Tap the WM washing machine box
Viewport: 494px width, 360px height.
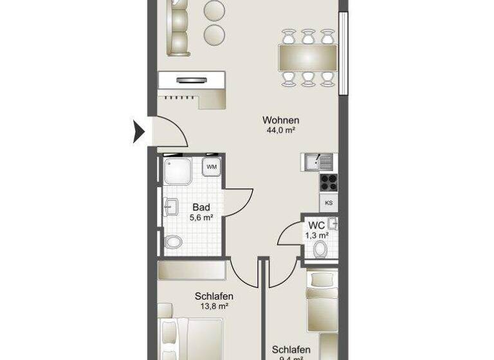pyautogui.click(x=212, y=167)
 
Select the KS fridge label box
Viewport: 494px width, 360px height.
pyautogui.click(x=329, y=203)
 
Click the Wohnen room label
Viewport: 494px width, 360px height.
pyautogui.click(x=280, y=120)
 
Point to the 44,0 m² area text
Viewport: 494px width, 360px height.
pyautogui.click(x=280, y=130)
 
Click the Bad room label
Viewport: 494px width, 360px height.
pyautogui.click(x=201, y=207)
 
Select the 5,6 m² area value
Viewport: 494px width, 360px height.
pyautogui.click(x=201, y=218)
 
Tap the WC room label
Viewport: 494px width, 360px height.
pyautogui.click(x=316, y=226)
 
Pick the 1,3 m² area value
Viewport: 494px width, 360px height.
pyautogui.click(x=316, y=236)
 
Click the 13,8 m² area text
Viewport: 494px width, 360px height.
pyautogui.click(x=214, y=307)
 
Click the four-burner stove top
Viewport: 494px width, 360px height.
pyautogui.click(x=328, y=182)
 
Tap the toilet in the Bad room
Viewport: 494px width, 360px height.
pyautogui.click(x=172, y=242)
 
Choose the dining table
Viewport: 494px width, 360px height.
pyautogui.click(x=308, y=57)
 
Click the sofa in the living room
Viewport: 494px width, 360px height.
pyautogui.click(x=176, y=29)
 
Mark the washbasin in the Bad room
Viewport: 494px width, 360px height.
pyautogui.click(x=171, y=207)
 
